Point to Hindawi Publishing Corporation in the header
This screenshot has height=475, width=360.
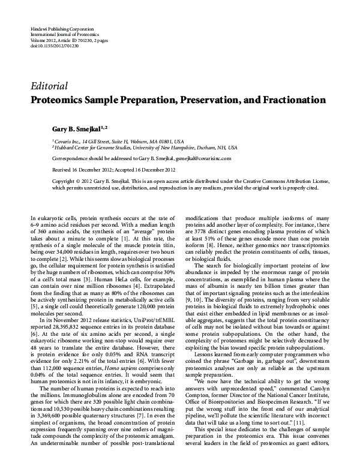56,29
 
